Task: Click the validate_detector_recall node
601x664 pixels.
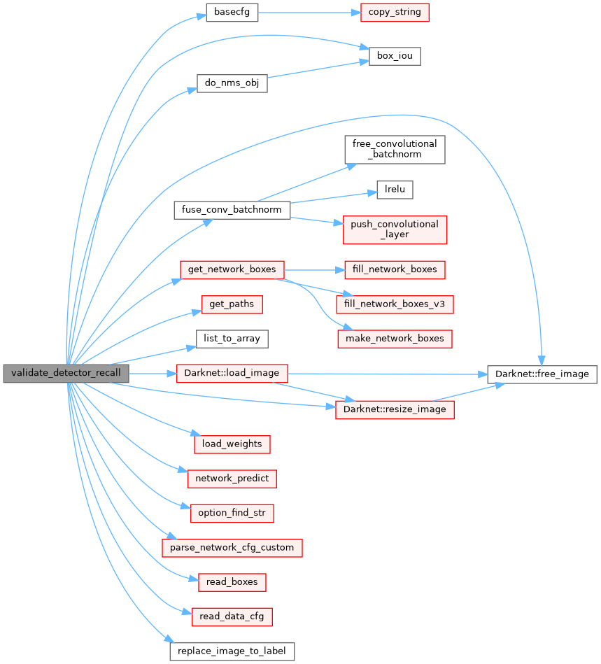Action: tap(66, 374)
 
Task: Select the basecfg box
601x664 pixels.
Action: tap(232, 13)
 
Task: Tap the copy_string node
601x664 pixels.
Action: tap(395, 13)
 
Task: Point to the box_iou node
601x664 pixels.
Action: tap(395, 56)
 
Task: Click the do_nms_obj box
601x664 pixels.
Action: tap(232, 83)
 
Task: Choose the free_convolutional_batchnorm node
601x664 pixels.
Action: tap(395, 148)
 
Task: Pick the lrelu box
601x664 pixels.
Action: tap(395, 188)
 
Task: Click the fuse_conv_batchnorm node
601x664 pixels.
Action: tap(232, 210)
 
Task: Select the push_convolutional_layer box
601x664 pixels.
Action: tap(395, 229)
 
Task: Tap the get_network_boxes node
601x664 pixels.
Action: tap(232, 269)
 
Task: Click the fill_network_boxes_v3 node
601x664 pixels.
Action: tap(395, 304)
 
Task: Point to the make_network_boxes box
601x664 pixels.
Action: tap(395, 339)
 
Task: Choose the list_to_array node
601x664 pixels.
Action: tap(232, 339)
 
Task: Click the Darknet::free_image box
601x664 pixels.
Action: tap(542, 374)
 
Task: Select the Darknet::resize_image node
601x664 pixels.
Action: tap(395, 409)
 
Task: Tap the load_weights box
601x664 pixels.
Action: tap(232, 444)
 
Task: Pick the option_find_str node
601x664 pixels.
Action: tap(232, 513)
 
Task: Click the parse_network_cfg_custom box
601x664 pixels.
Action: tap(232, 547)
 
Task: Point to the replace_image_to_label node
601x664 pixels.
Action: tap(232, 651)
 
